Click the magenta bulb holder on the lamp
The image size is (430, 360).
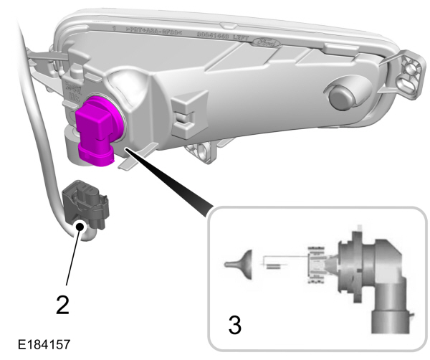pyautogui.click(x=97, y=130)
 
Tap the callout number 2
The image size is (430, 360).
pyautogui.click(x=63, y=305)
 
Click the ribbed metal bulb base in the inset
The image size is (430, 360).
pyautogui.click(x=316, y=265)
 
